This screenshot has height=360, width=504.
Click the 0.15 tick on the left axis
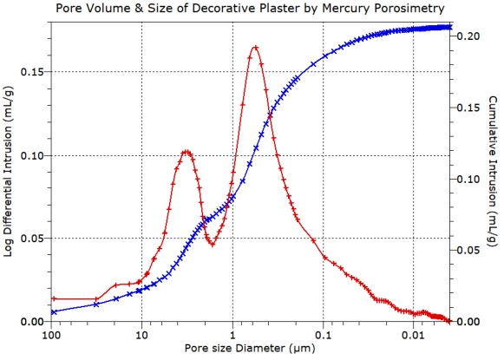(34, 72)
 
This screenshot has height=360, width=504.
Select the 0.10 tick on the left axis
(34, 155)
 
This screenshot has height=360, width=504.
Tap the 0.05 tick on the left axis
(34, 238)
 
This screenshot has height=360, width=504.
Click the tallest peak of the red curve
(256, 47)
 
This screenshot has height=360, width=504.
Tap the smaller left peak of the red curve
(186, 152)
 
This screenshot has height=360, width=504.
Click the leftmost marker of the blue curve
(54, 311)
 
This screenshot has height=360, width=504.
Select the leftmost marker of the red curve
(54, 298)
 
